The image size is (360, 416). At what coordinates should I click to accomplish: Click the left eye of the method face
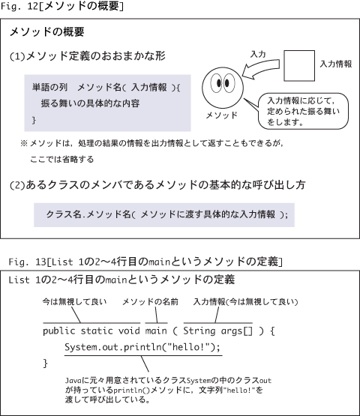pyautogui.click(x=217, y=83)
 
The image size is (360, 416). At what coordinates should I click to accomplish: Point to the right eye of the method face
pyautogui.click(x=228, y=83)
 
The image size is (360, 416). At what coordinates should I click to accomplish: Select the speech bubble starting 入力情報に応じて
pyautogui.click(x=303, y=111)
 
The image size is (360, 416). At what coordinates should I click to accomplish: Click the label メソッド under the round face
pyautogui.click(x=222, y=115)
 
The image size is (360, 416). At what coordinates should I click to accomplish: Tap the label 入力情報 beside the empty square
pyautogui.click(x=336, y=64)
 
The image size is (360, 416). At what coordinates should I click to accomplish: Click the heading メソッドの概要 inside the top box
pyautogui.click(x=47, y=32)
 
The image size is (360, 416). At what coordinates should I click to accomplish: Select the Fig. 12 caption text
pyautogui.click(x=62, y=6)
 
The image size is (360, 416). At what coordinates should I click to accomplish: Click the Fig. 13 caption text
pyautogui.click(x=145, y=262)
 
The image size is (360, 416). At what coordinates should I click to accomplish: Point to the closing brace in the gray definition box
pyautogui.click(x=34, y=120)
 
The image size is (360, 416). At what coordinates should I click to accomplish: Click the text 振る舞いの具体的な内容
pyautogui.click(x=90, y=103)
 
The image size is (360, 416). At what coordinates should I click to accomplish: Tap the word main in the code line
pyautogui.click(x=156, y=331)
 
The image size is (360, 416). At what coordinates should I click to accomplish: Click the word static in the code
pyautogui.click(x=97, y=331)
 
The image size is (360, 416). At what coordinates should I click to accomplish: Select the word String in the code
pyautogui.click(x=199, y=331)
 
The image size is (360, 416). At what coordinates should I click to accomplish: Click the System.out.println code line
pyautogui.click(x=142, y=347)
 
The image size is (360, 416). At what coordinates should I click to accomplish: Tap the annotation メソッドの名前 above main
pyautogui.click(x=150, y=301)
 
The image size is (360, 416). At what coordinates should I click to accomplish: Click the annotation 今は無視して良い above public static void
pyautogui.click(x=74, y=301)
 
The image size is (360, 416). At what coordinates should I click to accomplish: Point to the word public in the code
pyautogui.click(x=59, y=331)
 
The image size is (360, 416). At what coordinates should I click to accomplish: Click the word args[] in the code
pyautogui.click(x=236, y=331)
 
